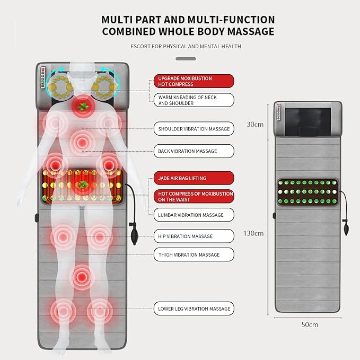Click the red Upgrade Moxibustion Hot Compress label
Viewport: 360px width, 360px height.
(x=194, y=81)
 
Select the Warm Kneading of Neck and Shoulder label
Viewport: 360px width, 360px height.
(x=194, y=100)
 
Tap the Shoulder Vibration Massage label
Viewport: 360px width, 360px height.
(x=194, y=128)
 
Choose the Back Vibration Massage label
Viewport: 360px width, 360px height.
(x=194, y=151)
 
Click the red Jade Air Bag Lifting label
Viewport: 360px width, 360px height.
(x=194, y=178)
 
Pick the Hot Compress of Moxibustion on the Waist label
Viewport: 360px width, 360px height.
(x=194, y=197)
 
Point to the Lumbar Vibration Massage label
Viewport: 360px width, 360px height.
(x=194, y=215)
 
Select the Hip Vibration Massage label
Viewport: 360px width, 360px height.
(x=194, y=236)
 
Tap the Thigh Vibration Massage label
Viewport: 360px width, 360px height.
(x=194, y=254)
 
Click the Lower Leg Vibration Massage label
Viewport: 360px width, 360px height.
(x=194, y=309)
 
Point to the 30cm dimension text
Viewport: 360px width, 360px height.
(x=255, y=125)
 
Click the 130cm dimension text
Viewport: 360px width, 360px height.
(x=253, y=233)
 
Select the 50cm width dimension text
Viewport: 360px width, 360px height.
(x=310, y=324)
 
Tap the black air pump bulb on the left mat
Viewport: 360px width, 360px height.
(x=134, y=236)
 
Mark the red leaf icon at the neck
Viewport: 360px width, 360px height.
(x=83, y=107)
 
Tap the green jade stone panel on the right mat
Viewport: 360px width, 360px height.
(x=308, y=192)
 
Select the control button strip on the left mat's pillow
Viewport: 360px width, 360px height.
(x=43, y=77)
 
